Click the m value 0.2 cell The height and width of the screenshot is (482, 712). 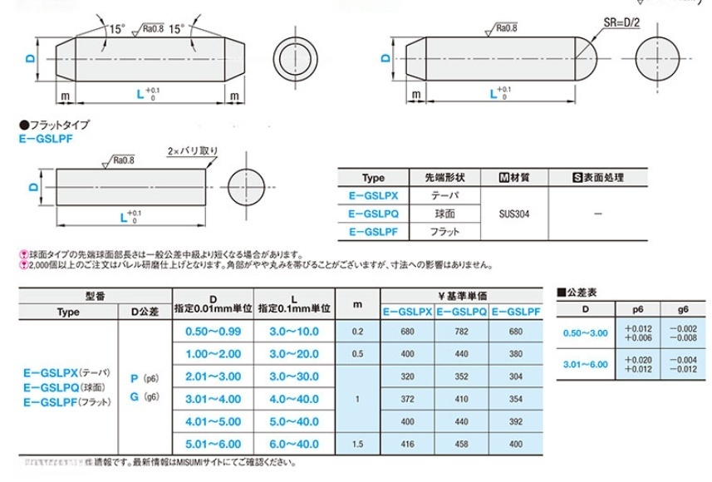pyautogui.click(x=357, y=332)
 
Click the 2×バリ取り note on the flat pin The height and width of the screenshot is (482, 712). pyautogui.click(x=193, y=151)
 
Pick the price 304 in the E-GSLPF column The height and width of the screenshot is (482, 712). pyautogui.click(x=514, y=376)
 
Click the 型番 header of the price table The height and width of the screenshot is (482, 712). pyautogui.click(x=95, y=296)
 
